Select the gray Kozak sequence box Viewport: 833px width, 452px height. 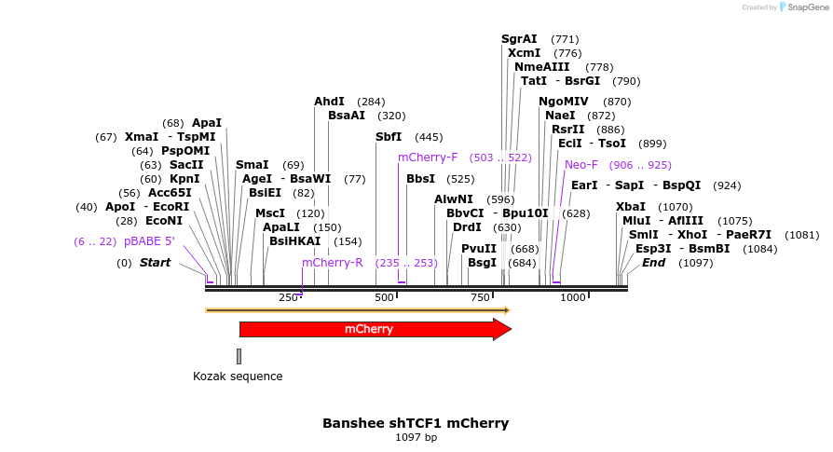pos(239,356)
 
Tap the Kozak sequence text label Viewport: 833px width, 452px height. pos(238,377)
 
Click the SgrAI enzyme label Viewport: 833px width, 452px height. pos(519,39)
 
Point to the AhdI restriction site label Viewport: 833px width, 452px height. pos(329,102)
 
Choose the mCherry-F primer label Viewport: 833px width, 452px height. pos(428,158)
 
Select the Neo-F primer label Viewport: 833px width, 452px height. pos(581,165)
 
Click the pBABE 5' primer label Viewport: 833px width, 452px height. pos(149,241)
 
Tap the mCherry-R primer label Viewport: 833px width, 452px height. pos(332,263)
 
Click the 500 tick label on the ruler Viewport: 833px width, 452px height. pos(384,297)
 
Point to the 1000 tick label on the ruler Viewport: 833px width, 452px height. pos(573,297)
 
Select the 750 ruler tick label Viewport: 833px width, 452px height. pos(480,297)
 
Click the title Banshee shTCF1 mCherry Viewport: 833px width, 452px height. pos(416,423)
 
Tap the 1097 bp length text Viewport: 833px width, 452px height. pos(416,437)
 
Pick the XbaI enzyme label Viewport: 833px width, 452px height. pos(631,207)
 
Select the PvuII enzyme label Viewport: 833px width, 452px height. pos(479,249)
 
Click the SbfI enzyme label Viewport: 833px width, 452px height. pos(389,137)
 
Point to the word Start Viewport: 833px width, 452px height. pos(155,263)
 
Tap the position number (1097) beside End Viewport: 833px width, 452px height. pos(696,263)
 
